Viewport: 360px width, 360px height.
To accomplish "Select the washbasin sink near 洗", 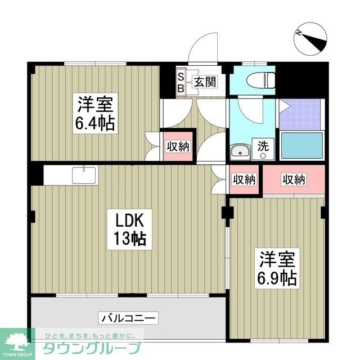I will click(x=241, y=152).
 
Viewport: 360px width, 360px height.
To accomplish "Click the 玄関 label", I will click(x=205, y=82).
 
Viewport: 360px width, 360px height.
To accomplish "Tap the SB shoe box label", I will click(x=181, y=82).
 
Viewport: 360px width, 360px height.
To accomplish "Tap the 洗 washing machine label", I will click(x=263, y=145).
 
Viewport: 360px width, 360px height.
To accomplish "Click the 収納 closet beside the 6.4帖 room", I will click(x=178, y=147).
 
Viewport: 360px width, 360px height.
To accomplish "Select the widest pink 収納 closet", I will click(x=294, y=180).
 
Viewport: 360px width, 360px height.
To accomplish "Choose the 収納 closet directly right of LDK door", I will click(x=244, y=180).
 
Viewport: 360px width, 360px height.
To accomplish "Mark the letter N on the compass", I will click(x=300, y=33).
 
